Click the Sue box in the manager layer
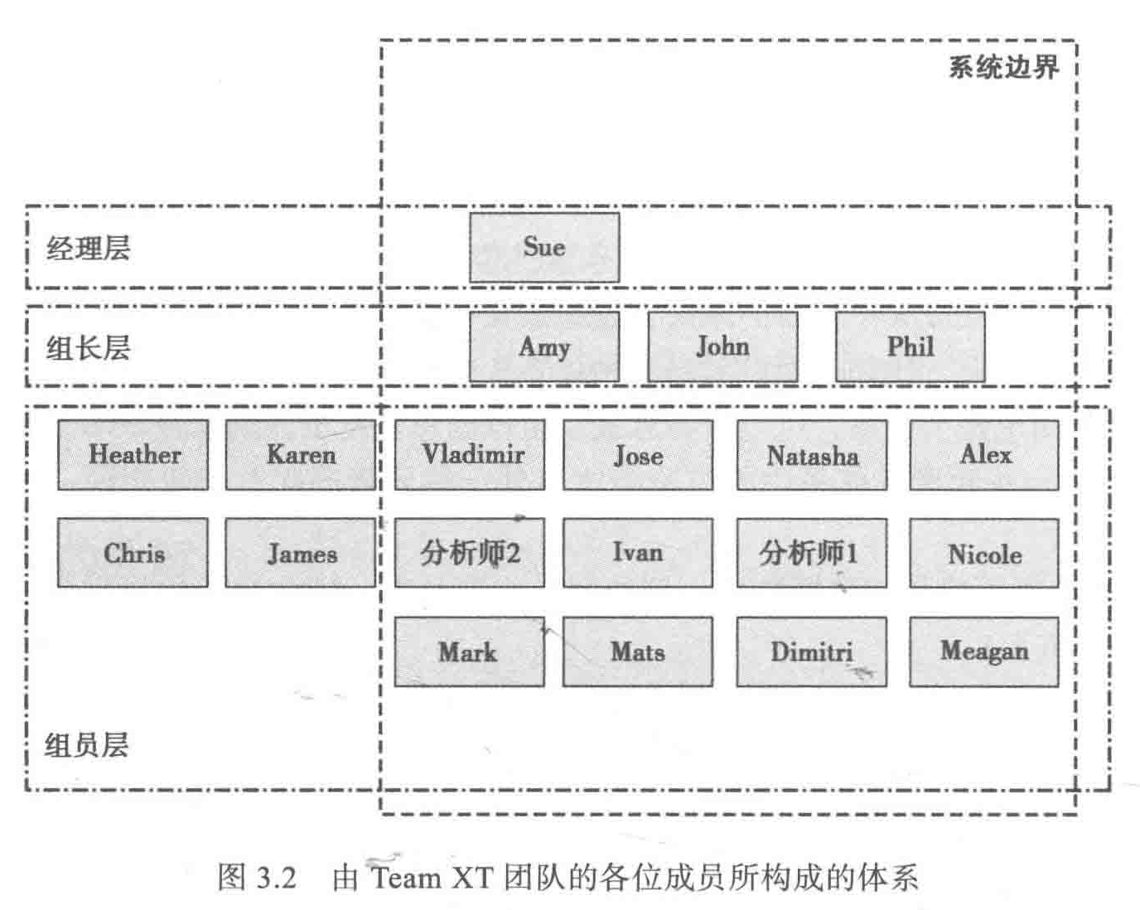click(x=544, y=248)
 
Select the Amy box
click(x=544, y=346)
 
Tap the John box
click(x=722, y=346)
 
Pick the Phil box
click(x=910, y=346)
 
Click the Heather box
click(x=133, y=455)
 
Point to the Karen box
click(x=301, y=455)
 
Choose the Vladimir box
click(x=470, y=455)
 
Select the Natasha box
click(x=812, y=455)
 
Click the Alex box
click(x=984, y=455)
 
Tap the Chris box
click(x=133, y=553)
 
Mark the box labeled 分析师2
click(x=470, y=553)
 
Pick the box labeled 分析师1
click(x=812, y=553)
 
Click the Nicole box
click(x=984, y=553)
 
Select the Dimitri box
click(x=812, y=651)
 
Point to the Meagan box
click(x=984, y=651)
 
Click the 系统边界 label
click(x=1003, y=67)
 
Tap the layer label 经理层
click(x=88, y=248)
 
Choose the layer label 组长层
click(x=88, y=348)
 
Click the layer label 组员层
click(x=86, y=744)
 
